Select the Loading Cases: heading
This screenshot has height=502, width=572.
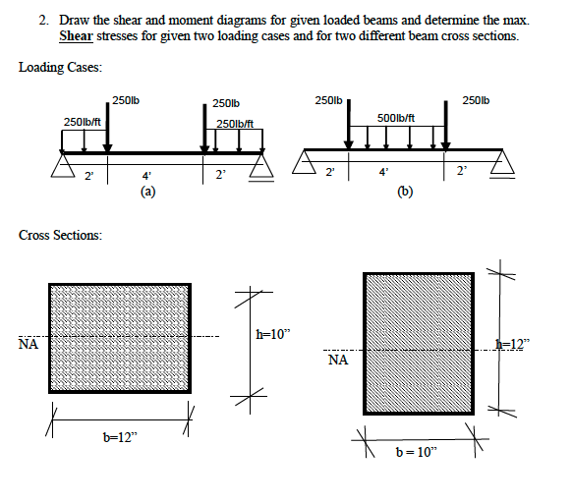(60, 67)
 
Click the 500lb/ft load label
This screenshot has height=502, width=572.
(399, 118)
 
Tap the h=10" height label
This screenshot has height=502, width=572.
(274, 334)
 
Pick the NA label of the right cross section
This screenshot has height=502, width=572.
(339, 361)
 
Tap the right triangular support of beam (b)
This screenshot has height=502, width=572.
(503, 163)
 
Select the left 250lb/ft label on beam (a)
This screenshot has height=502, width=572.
(83, 121)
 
